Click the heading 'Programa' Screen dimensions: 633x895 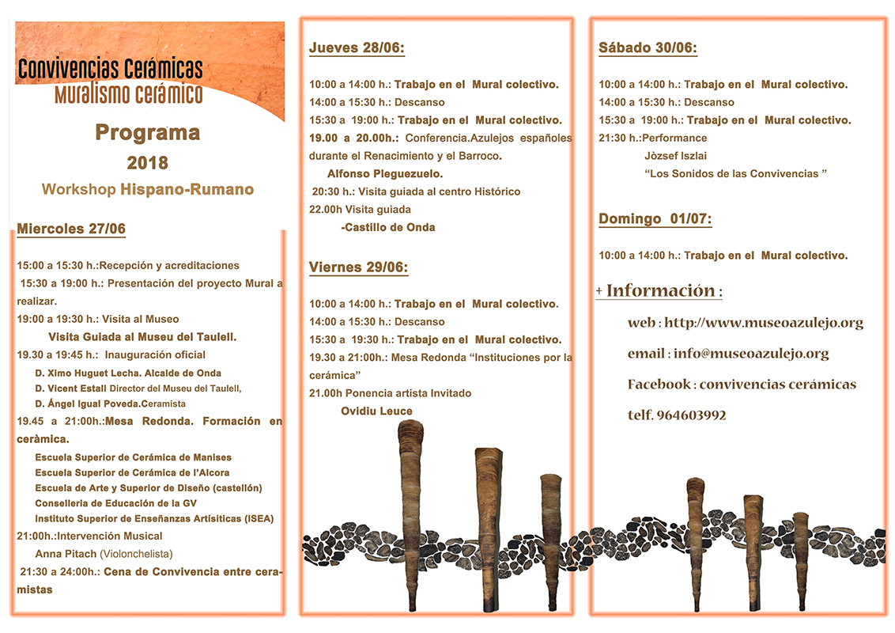(147, 132)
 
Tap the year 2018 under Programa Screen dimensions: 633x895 (147, 163)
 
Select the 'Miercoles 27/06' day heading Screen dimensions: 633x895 (71, 229)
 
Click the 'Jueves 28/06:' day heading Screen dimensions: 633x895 (357, 48)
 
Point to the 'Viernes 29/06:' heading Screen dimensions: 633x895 (358, 267)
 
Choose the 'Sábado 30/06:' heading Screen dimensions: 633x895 (648, 48)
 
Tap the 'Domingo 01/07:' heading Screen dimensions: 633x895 (655, 219)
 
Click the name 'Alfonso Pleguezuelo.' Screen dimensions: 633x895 (385, 174)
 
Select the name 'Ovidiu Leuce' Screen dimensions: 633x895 (376, 411)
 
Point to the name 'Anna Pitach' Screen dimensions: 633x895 (66, 554)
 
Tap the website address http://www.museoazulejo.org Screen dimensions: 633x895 (763, 323)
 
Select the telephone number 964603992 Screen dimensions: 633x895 (690, 415)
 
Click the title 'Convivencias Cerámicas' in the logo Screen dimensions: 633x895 (110, 69)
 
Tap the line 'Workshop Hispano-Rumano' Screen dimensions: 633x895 (147, 190)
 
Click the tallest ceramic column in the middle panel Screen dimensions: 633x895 (410, 514)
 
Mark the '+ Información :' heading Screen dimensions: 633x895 (659, 291)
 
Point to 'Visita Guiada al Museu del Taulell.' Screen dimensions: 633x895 (142, 337)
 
